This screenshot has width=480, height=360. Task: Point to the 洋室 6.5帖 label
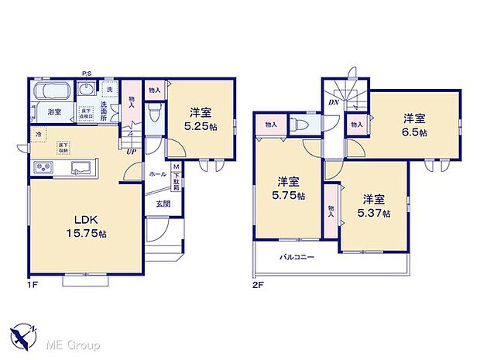413,125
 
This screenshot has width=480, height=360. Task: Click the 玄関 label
163,204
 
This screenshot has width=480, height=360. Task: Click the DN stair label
334,102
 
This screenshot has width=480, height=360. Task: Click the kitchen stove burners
43,168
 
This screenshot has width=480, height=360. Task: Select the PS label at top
87,74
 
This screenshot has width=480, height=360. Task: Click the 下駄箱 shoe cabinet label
177,180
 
